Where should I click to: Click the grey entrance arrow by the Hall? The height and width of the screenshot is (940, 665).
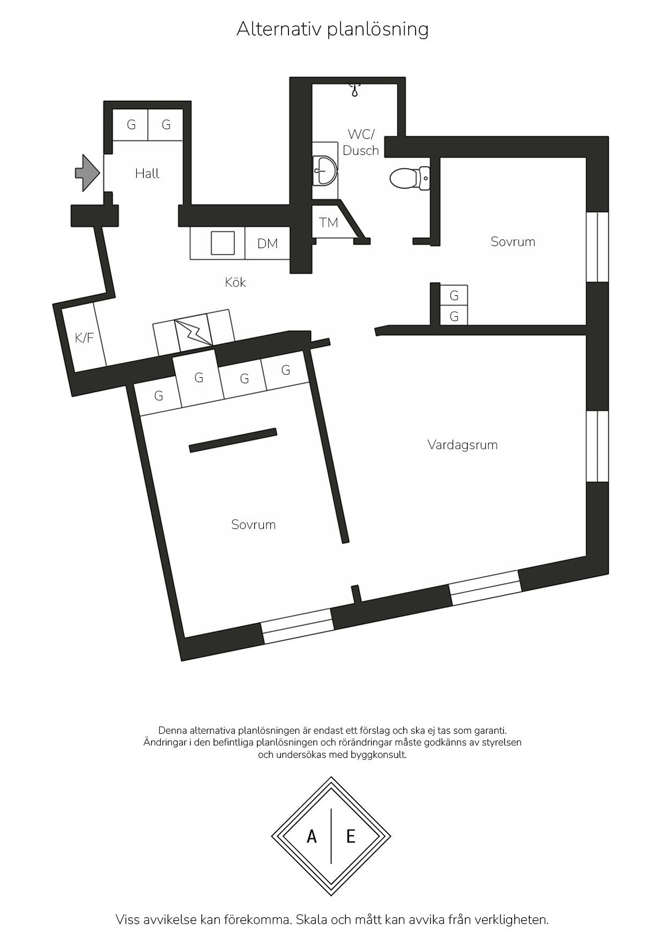pyautogui.click(x=87, y=173)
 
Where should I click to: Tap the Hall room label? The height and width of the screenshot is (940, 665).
pyautogui.click(x=147, y=174)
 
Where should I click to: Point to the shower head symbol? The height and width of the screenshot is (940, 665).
pyautogui.click(x=354, y=89)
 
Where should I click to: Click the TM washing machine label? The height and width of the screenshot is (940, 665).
pyautogui.click(x=328, y=222)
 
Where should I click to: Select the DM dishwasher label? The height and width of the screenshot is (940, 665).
pyautogui.click(x=267, y=244)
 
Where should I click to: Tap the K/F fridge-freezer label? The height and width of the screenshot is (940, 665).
pyautogui.click(x=84, y=338)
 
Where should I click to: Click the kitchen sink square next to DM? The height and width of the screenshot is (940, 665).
pyautogui.click(x=223, y=243)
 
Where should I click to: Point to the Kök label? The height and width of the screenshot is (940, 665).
pyautogui.click(x=235, y=282)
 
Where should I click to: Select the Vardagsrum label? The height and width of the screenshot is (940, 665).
pyautogui.click(x=462, y=445)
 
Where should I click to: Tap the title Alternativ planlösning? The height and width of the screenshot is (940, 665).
pyautogui.click(x=332, y=29)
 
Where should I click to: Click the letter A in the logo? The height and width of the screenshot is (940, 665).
pyautogui.click(x=312, y=836)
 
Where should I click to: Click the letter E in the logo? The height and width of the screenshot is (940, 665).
pyautogui.click(x=351, y=836)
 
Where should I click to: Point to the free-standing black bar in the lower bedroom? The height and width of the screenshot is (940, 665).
pyautogui.click(x=233, y=441)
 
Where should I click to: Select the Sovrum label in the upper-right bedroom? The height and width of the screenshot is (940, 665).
pyautogui.click(x=513, y=242)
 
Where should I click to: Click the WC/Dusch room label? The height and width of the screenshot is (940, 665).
pyautogui.click(x=360, y=143)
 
